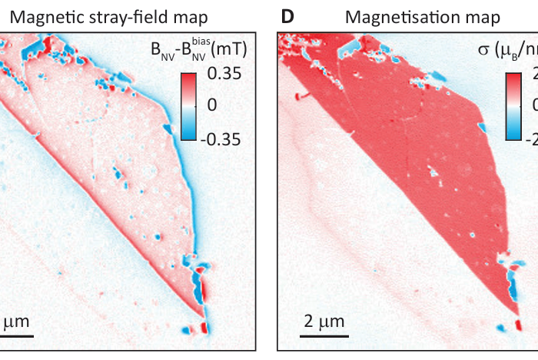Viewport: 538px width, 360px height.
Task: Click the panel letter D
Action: tap(288, 16)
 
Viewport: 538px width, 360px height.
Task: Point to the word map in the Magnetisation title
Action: tap(478, 16)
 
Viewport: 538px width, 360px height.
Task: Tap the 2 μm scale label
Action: tap(322, 319)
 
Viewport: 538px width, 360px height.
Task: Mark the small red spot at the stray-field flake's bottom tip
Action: tap(204, 328)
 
